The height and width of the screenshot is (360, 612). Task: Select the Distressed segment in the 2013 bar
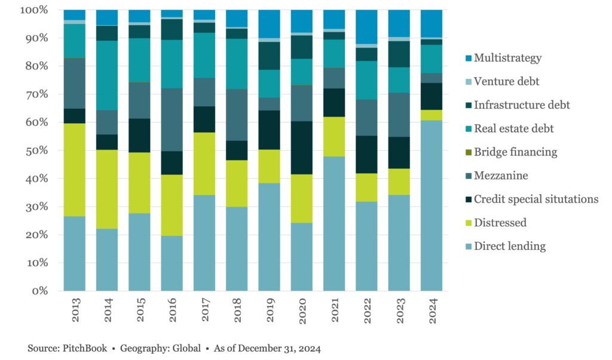tap(75, 170)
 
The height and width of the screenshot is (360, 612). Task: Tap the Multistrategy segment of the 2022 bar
tap(365, 27)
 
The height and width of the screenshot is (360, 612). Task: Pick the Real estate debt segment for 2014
tap(107, 75)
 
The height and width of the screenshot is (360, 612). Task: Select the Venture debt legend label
tap(508, 82)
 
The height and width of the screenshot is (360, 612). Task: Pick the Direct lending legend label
tap(509, 246)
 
